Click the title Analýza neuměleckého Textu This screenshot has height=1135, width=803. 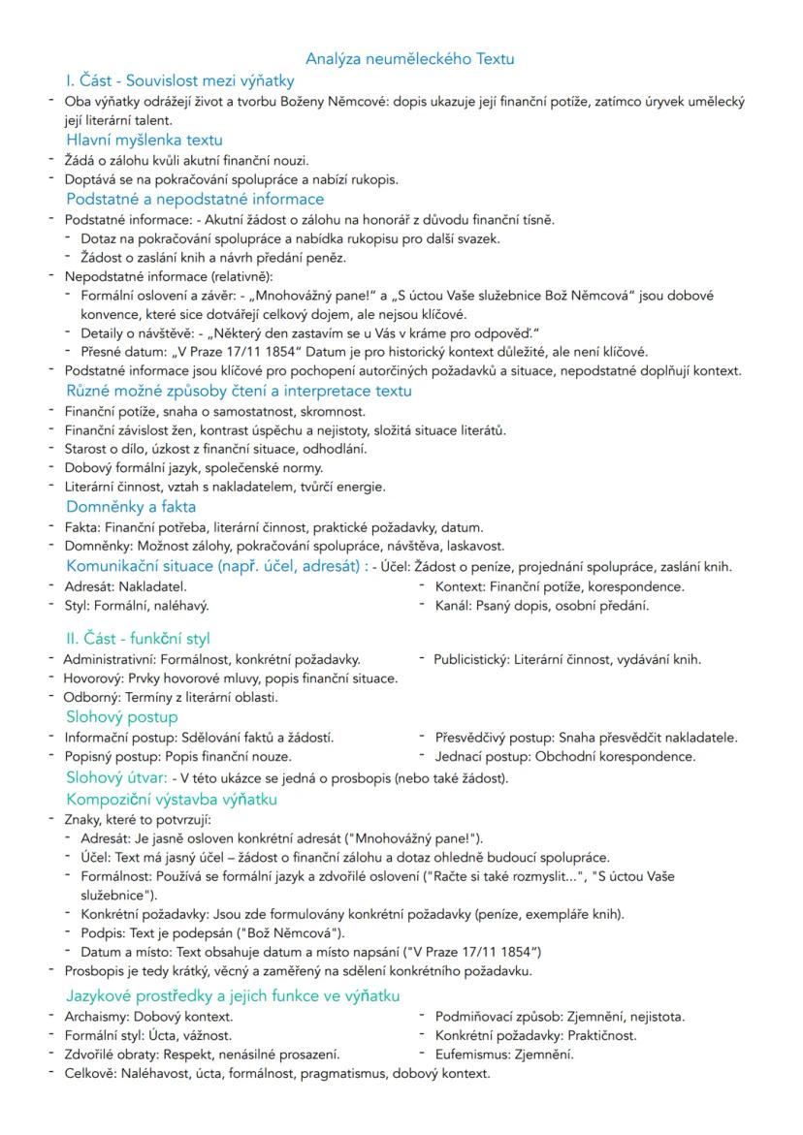point(409,59)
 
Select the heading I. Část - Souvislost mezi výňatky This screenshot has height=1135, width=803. point(179,80)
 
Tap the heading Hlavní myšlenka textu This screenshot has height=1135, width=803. point(144,140)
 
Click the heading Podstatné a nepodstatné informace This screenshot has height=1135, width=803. point(195,199)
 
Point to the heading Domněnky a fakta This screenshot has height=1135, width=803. point(131,507)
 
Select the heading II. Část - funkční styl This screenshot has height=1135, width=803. point(138,639)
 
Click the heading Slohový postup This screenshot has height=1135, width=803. point(122,717)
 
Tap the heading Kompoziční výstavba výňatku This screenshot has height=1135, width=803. point(172,800)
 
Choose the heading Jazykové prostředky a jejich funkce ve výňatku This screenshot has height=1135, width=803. point(233,995)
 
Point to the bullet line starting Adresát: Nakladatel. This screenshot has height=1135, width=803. point(125,586)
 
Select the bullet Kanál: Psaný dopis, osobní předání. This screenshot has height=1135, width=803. point(541,606)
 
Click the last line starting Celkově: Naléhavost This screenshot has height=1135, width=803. point(276,1073)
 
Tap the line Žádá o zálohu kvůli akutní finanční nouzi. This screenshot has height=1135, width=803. point(186,160)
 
